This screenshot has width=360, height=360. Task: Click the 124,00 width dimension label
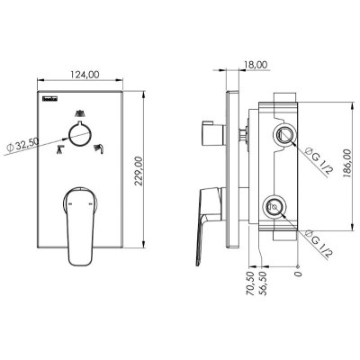[85, 75]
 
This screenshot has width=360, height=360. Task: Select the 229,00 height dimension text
[138, 171]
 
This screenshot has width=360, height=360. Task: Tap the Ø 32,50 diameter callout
[22, 146]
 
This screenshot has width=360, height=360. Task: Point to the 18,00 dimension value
[256, 65]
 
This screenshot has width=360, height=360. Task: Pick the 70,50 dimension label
[250, 283]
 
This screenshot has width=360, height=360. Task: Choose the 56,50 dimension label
[263, 283]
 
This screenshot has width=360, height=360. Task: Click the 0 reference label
[298, 274]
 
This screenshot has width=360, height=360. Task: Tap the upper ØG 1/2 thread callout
[319, 160]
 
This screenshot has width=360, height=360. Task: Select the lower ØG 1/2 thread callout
[319, 244]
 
